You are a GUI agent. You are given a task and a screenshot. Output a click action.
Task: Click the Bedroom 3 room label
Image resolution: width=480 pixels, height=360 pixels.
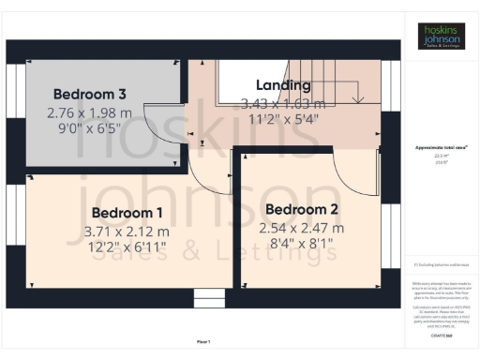pyautogui.click(x=90, y=94)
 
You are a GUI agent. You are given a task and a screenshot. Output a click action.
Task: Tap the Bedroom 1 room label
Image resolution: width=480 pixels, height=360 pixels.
pyautogui.click(x=127, y=213)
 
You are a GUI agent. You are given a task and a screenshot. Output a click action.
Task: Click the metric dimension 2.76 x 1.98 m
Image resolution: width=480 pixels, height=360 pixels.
pyautogui.click(x=90, y=112)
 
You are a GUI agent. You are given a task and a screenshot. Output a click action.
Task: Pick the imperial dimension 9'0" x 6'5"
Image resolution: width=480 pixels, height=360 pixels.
pyautogui.click(x=90, y=128)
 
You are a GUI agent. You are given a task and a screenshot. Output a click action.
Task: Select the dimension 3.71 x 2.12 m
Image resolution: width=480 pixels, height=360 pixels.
pyautogui.click(x=127, y=231)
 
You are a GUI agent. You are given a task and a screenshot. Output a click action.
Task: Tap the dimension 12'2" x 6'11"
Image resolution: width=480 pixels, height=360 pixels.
pyautogui.click(x=127, y=247)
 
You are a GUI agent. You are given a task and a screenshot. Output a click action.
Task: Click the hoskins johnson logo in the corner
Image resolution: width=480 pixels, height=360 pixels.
pyautogui.click(x=442, y=37)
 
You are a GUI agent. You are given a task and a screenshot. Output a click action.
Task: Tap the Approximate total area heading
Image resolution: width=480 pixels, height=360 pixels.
pyautogui.click(x=442, y=148)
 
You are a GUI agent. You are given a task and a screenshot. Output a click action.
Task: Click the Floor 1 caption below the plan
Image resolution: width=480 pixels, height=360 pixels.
pyautogui.click(x=203, y=341)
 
